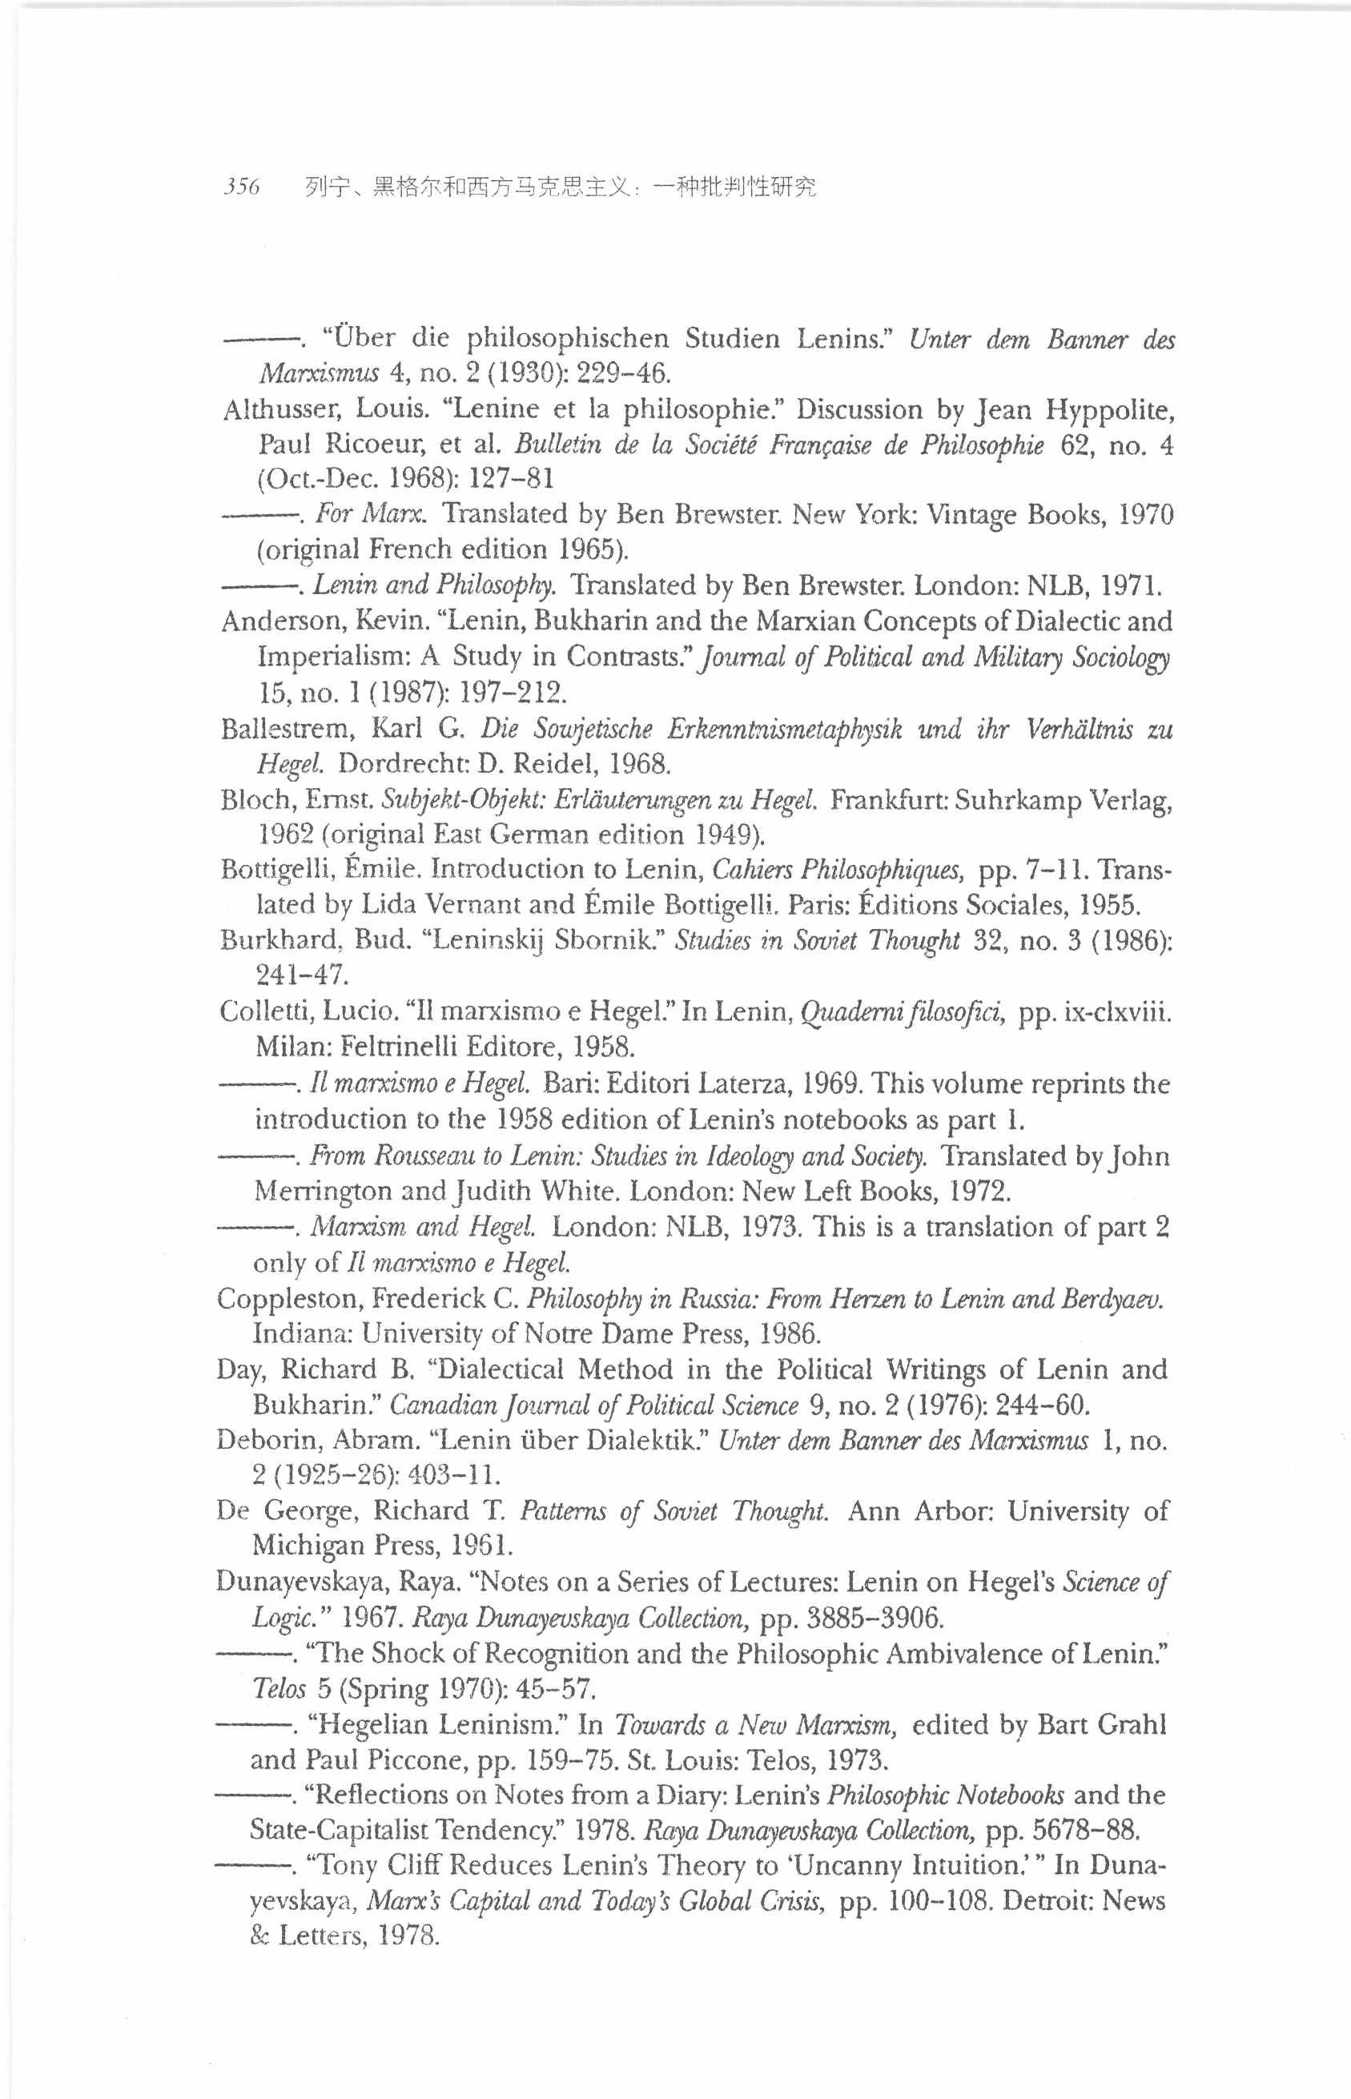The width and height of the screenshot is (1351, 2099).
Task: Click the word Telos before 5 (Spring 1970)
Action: tap(278, 1688)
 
